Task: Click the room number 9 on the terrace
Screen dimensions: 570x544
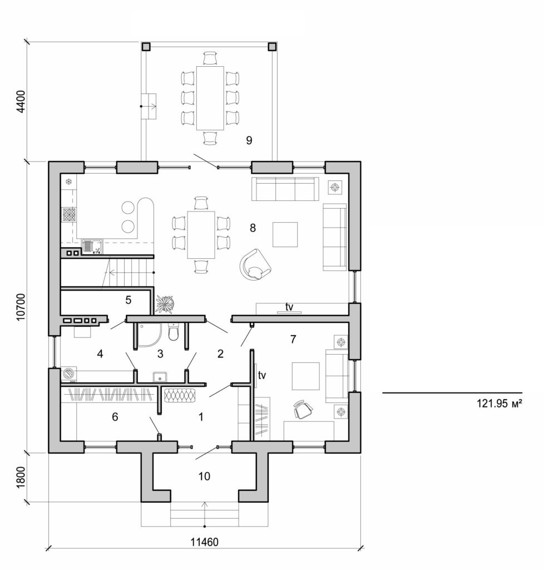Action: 249,140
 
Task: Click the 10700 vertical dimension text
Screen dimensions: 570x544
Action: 21,306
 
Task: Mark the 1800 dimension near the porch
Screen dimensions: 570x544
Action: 21,476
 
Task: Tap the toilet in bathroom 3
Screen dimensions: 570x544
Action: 174,333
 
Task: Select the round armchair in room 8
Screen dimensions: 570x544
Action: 255,264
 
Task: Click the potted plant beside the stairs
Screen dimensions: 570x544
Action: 165,303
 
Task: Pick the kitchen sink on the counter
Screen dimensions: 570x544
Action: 91,245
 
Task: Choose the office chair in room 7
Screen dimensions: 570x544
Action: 303,409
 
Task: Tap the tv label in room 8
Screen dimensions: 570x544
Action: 289,307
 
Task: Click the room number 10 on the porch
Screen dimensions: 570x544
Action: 205,476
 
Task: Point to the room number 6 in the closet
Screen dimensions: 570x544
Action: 115,416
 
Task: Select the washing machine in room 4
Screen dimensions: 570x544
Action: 68,374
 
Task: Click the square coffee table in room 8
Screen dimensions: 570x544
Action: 285,234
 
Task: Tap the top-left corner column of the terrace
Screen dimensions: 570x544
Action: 146,47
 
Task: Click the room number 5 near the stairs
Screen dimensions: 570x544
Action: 128,300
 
